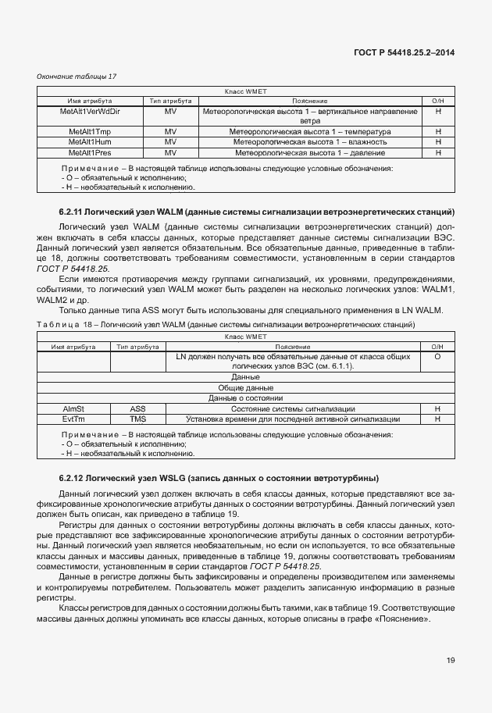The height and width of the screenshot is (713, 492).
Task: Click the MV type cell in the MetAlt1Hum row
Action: (x=170, y=142)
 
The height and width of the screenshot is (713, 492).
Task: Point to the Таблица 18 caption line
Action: (x=226, y=323)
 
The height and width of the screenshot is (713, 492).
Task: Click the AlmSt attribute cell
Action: (x=73, y=408)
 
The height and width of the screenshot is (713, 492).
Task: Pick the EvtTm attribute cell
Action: (x=73, y=419)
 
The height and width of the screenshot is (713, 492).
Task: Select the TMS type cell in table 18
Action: (x=137, y=419)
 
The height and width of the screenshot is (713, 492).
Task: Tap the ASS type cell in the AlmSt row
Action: (x=137, y=408)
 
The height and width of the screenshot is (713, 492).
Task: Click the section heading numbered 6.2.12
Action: (x=218, y=477)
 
